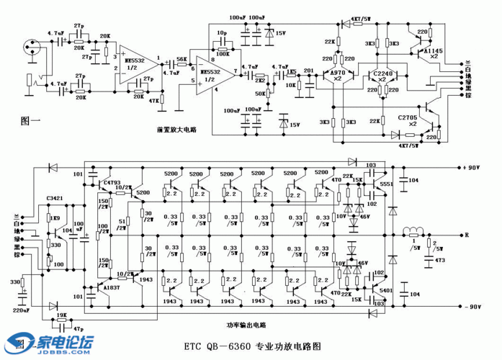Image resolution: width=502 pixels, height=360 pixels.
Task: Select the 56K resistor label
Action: [x=181, y=59]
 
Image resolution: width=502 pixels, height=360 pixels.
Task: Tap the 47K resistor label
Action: [x=153, y=102]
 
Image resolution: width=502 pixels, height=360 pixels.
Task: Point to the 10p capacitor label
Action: [x=222, y=33]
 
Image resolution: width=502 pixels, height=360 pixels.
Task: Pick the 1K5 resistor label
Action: [x=292, y=70]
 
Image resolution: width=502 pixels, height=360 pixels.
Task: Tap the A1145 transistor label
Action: [x=434, y=53]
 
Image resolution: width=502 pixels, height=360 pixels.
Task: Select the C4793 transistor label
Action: [x=112, y=182]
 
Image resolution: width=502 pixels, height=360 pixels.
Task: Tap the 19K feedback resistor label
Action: [x=62, y=315]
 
